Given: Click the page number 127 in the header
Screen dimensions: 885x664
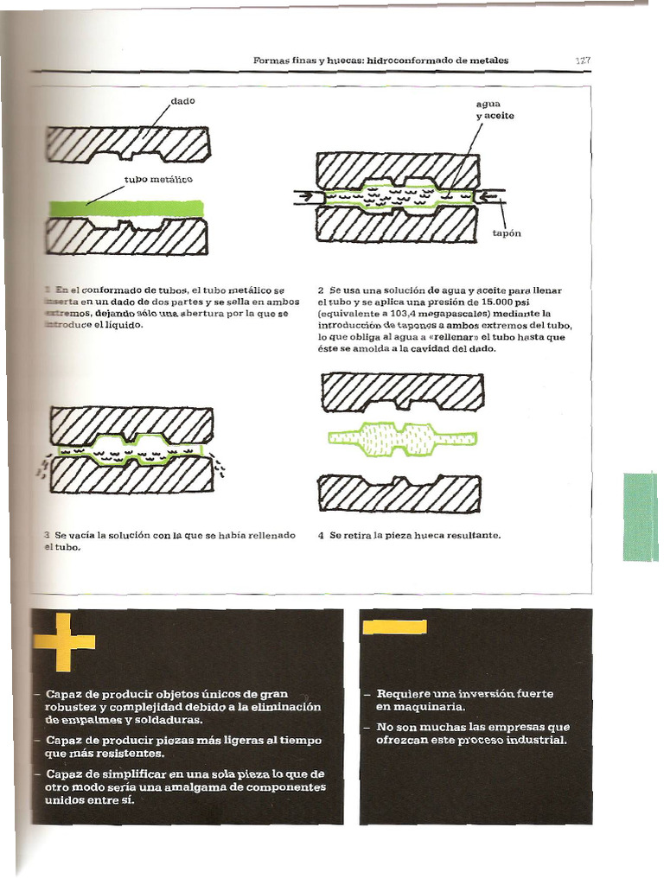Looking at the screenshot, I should click(582, 60).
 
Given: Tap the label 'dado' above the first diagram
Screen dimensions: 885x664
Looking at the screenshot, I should click(182, 101).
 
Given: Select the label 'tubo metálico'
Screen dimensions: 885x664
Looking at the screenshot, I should click(159, 180).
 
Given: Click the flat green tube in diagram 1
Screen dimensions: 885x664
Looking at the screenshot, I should click(126, 208).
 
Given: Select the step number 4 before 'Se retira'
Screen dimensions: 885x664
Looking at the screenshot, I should click(321, 536).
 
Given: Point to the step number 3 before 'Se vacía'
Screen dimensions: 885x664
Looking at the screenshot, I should click(47, 536).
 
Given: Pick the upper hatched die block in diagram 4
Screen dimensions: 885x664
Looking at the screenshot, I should click(402, 389).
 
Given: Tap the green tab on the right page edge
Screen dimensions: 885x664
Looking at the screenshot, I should click(641, 516).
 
